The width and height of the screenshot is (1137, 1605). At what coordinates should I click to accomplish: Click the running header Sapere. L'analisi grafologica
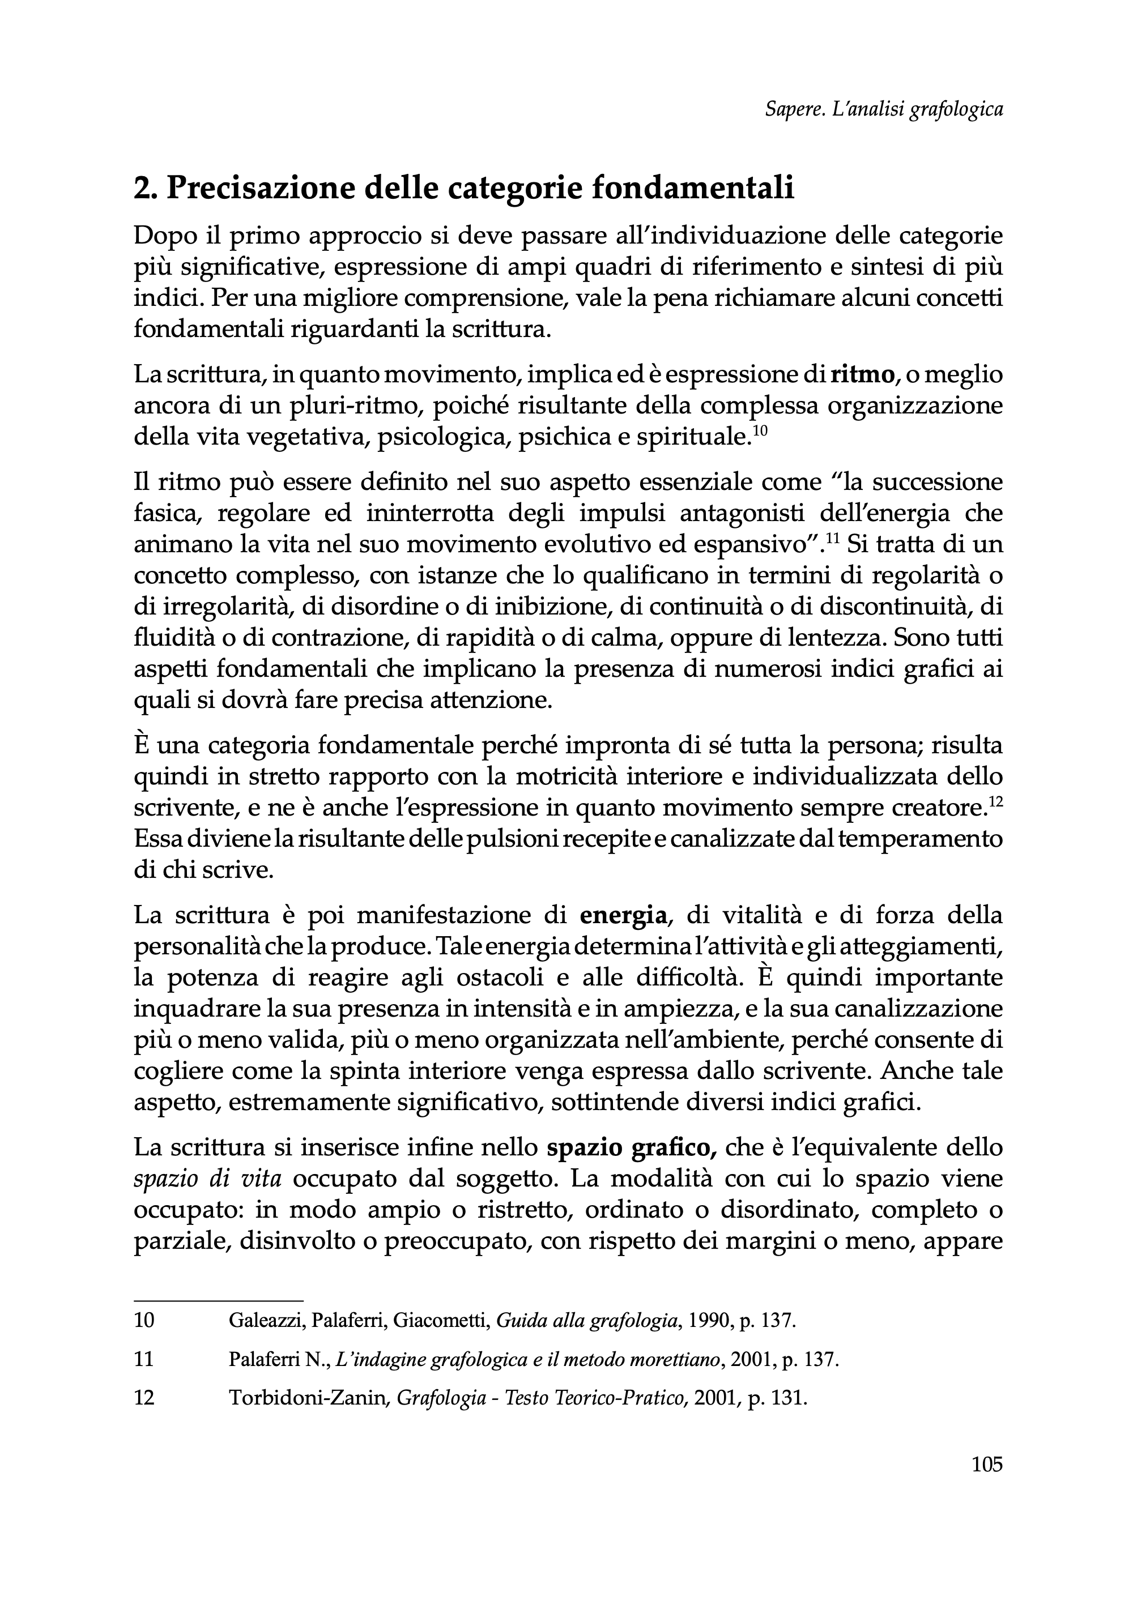884,110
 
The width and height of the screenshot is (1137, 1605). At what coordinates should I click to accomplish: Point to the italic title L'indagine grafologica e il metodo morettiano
529,1359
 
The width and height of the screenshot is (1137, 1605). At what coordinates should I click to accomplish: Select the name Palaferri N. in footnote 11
278,1359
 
